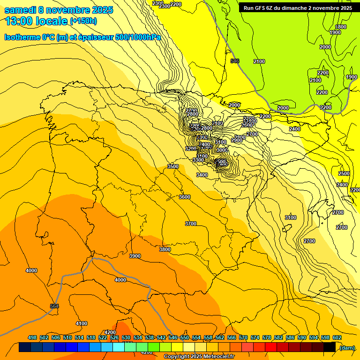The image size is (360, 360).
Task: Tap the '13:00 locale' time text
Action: (x=36, y=21)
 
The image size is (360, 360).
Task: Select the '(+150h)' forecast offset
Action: (x=83, y=21)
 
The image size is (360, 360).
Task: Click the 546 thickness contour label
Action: (x=235, y=61)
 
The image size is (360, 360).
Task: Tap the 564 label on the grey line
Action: (x=54, y=306)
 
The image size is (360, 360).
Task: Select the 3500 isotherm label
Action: (x=173, y=166)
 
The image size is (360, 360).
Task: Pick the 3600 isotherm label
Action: (x=185, y=197)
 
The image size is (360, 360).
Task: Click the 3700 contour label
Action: (x=191, y=224)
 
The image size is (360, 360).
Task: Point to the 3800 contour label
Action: (x=165, y=249)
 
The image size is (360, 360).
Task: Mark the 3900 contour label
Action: (x=135, y=256)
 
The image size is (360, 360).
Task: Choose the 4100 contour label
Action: (x=82, y=323)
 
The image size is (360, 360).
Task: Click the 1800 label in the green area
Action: (x=341, y=27)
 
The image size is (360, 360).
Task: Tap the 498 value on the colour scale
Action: (x=32, y=337)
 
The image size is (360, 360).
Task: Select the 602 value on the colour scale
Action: (x=337, y=337)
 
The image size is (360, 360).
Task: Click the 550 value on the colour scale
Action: (x=185, y=337)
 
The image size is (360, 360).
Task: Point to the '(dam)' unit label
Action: (x=347, y=347)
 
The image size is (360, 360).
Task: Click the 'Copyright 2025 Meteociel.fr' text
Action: (x=199, y=356)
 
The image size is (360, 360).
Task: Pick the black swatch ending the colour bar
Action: (x=330, y=347)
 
